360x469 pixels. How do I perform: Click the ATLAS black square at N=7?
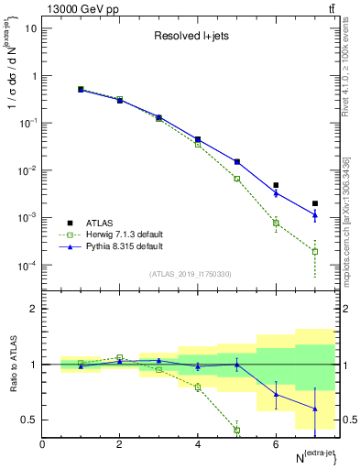coord(315,203)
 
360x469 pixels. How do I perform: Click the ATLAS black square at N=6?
coord(276,185)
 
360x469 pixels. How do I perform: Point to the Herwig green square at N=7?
coord(315,251)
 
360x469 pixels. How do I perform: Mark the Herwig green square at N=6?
coord(276,223)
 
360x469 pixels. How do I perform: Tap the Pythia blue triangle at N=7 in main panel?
coord(315,215)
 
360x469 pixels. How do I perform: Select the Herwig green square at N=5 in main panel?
coord(237,179)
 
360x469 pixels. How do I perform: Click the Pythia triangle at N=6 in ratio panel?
coord(276,395)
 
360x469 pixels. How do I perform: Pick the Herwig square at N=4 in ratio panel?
coord(198,387)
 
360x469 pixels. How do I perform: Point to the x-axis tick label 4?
coord(198,443)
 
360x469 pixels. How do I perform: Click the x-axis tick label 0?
coord(42,443)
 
